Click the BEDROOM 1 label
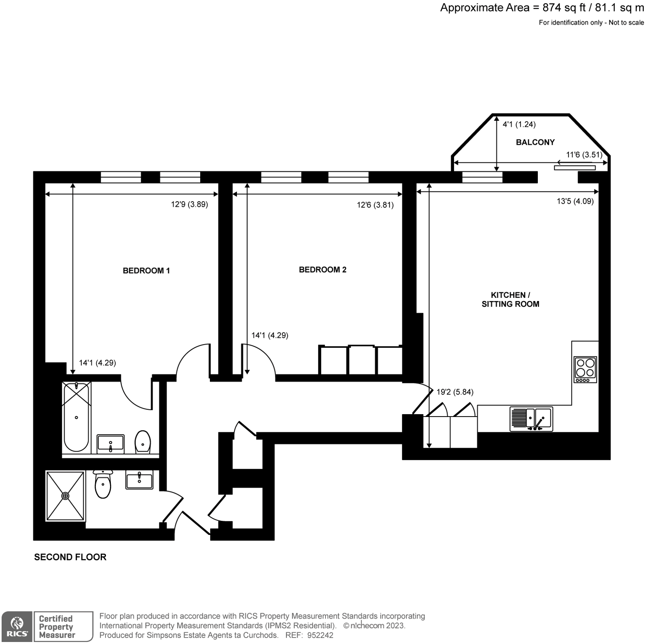click(146, 271)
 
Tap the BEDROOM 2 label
click(322, 269)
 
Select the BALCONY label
click(535, 142)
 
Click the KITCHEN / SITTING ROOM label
click(510, 299)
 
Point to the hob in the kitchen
click(585, 369)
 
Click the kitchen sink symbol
click(531, 419)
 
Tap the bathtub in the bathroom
click(76, 417)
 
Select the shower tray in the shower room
click(66, 496)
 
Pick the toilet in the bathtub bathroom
click(142, 442)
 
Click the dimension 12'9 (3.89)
click(189, 204)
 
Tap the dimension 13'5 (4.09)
click(575, 201)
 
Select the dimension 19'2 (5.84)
click(455, 392)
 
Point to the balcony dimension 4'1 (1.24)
click(518, 124)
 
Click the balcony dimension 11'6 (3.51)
click(584, 155)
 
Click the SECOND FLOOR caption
click(70, 557)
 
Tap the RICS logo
click(17, 626)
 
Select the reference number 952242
click(320, 635)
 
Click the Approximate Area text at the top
click(541, 8)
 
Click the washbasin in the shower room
click(139, 480)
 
